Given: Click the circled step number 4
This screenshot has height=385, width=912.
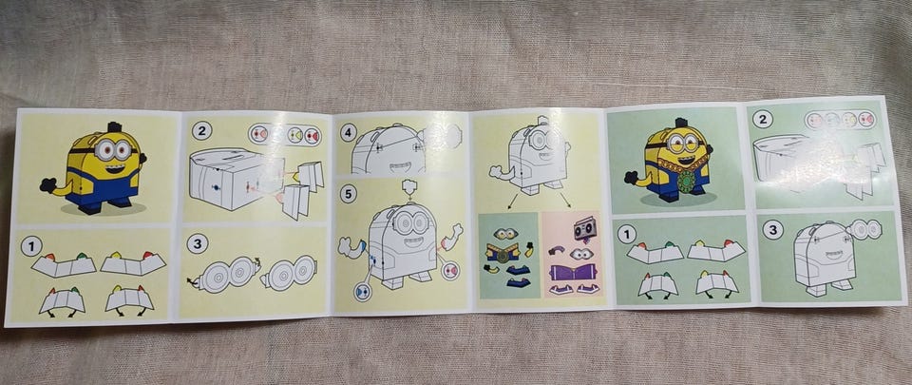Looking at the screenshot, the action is point(348,132).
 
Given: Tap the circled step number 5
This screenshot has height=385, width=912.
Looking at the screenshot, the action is point(348,194).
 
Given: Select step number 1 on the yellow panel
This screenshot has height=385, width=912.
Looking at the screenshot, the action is point(30,246).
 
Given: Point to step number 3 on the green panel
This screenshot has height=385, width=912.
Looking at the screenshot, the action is point(773,230).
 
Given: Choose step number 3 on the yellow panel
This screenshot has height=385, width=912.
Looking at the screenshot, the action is point(198,243).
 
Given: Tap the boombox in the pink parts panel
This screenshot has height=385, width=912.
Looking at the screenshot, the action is point(584,229).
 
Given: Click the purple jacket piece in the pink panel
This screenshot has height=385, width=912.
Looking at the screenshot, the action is point(573,272).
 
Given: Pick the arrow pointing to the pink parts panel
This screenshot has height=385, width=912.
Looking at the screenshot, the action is point(564,200).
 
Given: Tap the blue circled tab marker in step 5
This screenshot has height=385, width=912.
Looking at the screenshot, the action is point(363,292).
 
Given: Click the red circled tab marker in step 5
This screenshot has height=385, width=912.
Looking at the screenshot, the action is point(449,270).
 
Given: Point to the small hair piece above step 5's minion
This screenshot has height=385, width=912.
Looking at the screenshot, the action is point(410,187).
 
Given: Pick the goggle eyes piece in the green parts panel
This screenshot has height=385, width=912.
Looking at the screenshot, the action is point(505,234).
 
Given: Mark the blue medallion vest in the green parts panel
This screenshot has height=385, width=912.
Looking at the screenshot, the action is point(503,253).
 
